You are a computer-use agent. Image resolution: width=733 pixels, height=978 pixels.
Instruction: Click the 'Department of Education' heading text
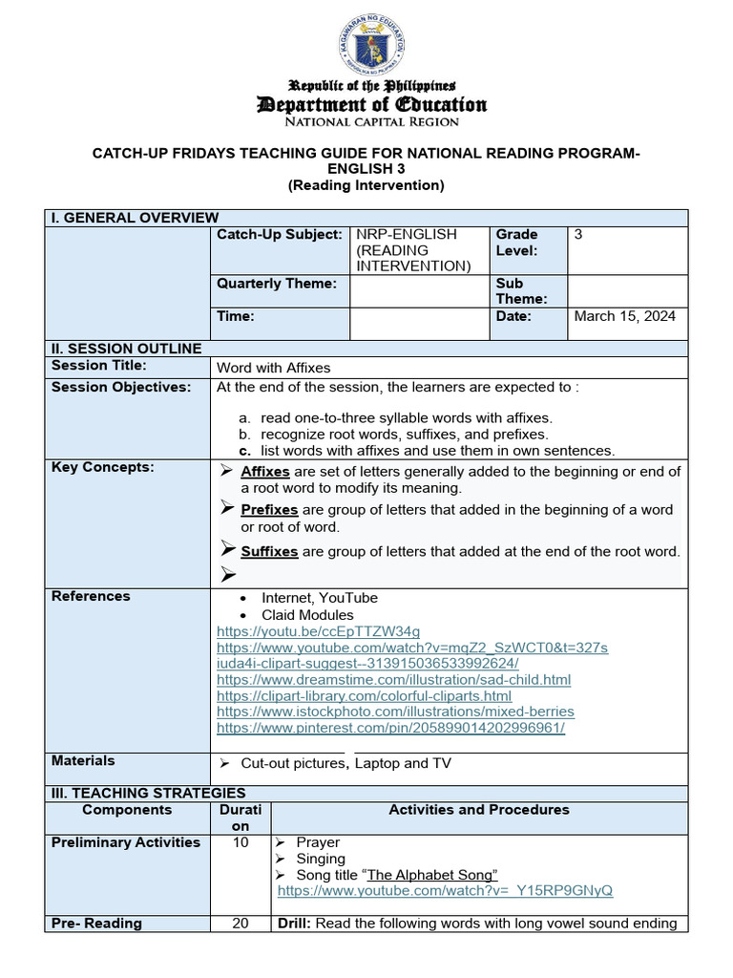[371, 104]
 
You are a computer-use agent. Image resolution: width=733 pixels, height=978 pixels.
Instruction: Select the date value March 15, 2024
[624, 316]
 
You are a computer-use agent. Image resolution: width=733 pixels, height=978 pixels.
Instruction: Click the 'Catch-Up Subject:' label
[279, 234]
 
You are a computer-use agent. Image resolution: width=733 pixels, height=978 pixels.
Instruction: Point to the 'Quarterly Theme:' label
[277, 283]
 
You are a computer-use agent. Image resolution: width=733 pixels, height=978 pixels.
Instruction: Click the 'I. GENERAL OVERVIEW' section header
[135, 218]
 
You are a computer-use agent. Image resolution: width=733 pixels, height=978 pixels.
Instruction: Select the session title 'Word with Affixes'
[274, 368]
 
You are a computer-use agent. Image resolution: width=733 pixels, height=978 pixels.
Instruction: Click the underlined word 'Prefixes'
[269, 510]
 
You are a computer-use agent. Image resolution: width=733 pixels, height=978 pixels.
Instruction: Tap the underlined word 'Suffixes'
[269, 552]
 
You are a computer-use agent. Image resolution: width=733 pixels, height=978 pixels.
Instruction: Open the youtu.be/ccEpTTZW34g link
[318, 631]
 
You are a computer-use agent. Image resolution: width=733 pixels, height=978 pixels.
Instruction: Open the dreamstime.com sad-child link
[393, 680]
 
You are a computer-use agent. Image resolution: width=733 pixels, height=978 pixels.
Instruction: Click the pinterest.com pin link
[390, 728]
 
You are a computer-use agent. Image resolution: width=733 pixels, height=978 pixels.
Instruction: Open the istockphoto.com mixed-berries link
[395, 712]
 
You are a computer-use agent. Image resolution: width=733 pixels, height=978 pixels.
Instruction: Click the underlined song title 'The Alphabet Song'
[432, 875]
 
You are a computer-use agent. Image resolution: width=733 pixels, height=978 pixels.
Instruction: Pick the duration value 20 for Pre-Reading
[241, 924]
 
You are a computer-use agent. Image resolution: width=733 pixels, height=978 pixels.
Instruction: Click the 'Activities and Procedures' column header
[478, 810]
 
